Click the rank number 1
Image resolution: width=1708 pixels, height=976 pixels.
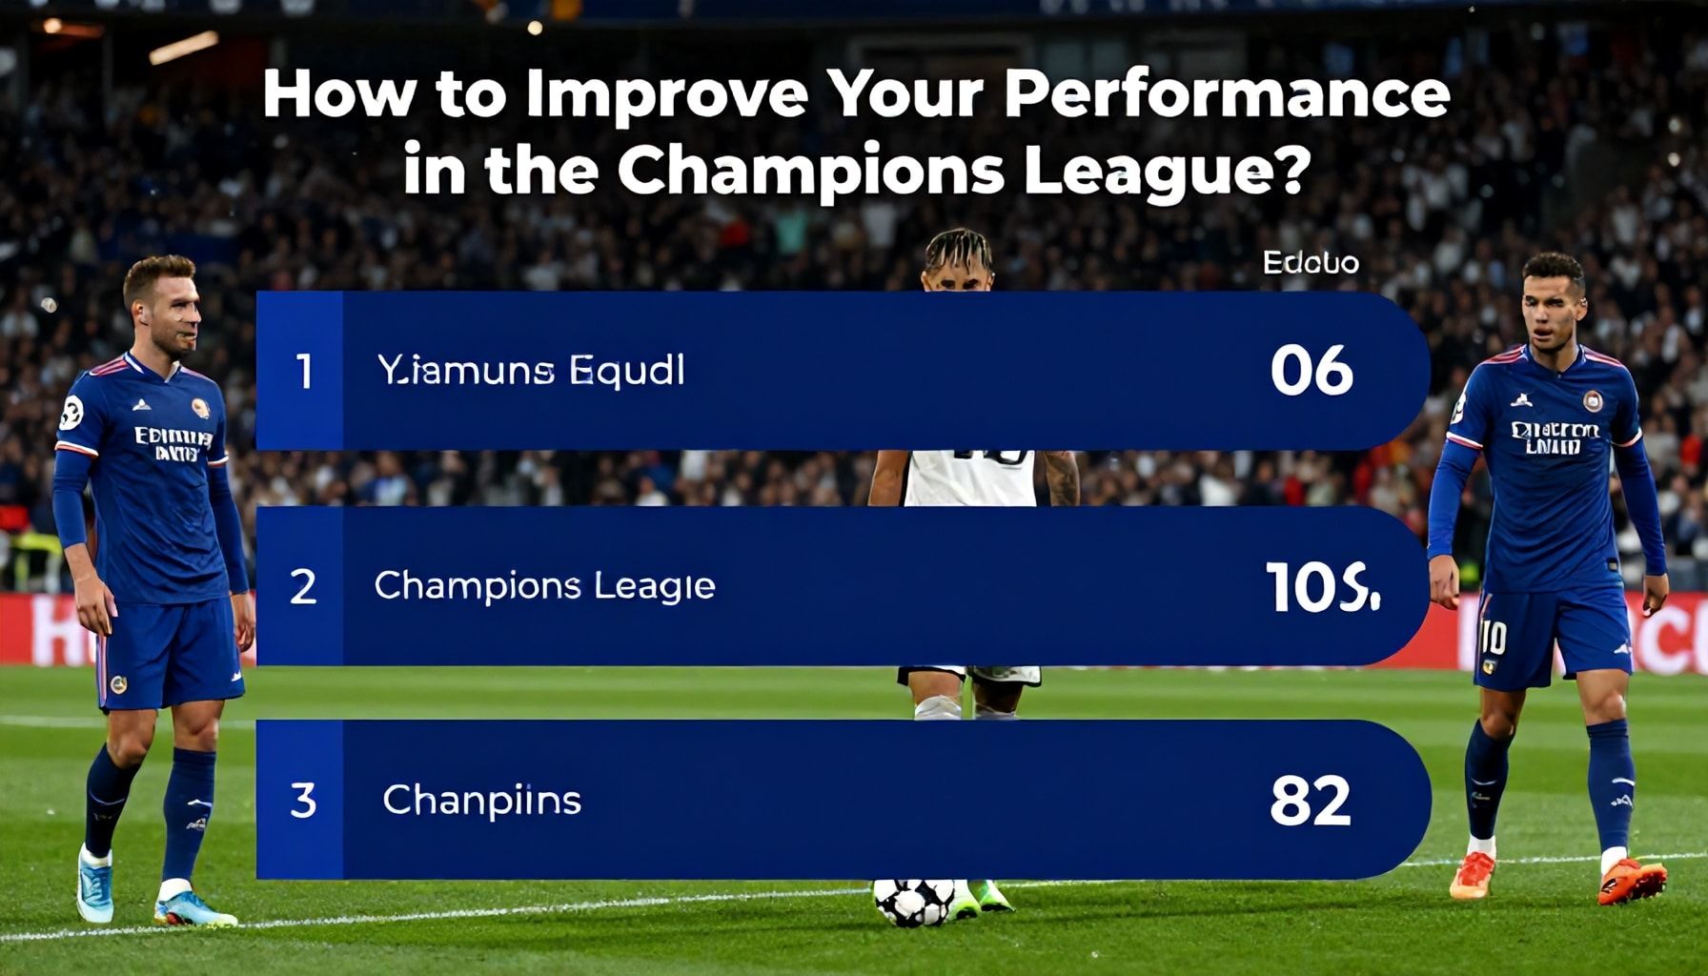303,371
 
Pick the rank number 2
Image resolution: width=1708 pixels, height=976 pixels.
303,586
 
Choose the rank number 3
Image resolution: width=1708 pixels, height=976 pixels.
303,800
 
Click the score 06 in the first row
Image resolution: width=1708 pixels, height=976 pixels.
1311,371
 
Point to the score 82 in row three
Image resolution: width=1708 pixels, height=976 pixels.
1310,800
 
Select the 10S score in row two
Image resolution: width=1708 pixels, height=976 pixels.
1321,586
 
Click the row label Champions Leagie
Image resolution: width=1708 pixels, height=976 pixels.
544,586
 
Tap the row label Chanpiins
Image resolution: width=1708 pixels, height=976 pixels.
481,800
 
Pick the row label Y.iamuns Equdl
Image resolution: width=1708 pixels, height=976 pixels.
531,371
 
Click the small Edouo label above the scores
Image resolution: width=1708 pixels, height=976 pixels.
1311,262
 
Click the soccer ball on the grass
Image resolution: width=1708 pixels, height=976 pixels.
914,902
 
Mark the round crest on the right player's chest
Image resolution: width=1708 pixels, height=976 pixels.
1593,400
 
